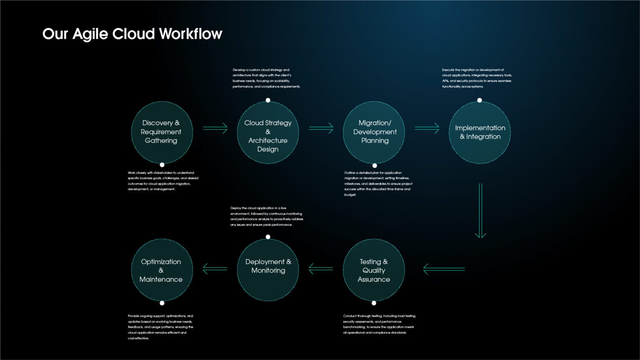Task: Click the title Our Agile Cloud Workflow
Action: click(x=132, y=34)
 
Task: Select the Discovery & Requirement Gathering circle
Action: click(x=162, y=132)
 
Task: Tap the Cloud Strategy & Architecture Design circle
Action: click(x=268, y=132)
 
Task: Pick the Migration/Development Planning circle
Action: click(x=374, y=132)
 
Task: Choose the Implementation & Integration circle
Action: click(x=480, y=132)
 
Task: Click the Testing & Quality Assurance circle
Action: click(x=374, y=270)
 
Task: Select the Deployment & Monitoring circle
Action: click(x=268, y=270)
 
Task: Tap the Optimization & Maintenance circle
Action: click(x=162, y=270)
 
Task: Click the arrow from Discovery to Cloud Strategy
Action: click(x=215, y=128)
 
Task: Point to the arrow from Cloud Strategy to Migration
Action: click(x=321, y=128)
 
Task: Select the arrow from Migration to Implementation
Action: click(x=427, y=128)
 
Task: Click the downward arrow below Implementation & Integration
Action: click(x=480, y=210)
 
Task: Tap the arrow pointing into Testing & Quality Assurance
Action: click(x=444, y=269)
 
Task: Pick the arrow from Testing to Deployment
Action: click(x=321, y=269)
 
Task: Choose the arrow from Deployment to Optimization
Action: click(x=215, y=269)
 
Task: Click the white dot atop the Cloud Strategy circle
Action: click(x=268, y=100)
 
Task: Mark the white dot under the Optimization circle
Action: click(x=162, y=303)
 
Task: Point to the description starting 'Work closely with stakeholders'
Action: click(x=163, y=181)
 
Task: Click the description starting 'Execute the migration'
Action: click(x=477, y=78)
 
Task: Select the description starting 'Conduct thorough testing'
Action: click(x=379, y=324)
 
